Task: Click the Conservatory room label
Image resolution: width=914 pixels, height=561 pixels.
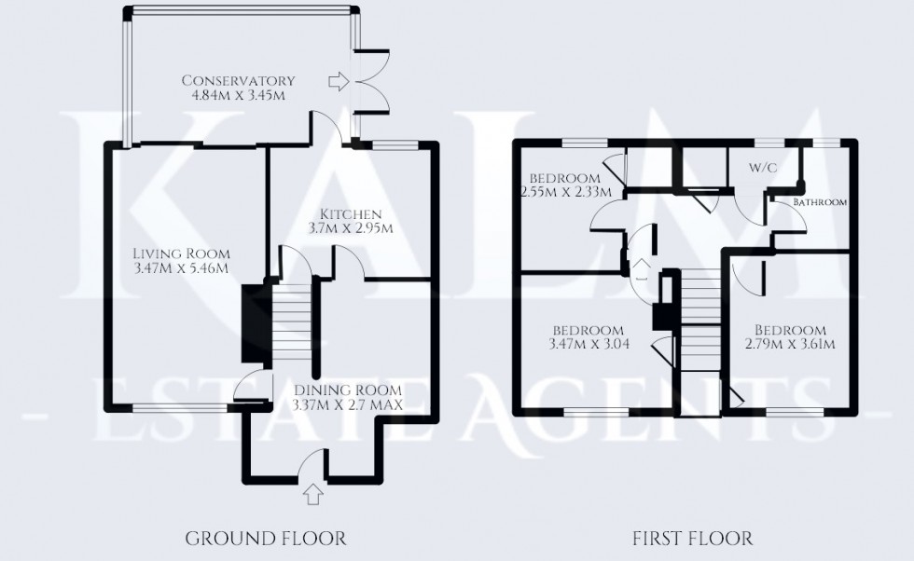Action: point(238,80)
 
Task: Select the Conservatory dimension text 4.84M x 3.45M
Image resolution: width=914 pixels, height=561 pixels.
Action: point(238,95)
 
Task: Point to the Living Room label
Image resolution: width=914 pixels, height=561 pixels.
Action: point(180,253)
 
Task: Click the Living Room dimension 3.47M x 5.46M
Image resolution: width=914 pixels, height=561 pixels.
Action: point(180,268)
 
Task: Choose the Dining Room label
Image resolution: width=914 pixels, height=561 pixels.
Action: point(347,390)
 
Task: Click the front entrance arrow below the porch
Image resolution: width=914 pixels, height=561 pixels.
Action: point(312,493)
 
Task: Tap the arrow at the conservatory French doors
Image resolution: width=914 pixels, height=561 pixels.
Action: point(336,82)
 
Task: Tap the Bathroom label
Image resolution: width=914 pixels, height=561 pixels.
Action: point(820,202)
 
